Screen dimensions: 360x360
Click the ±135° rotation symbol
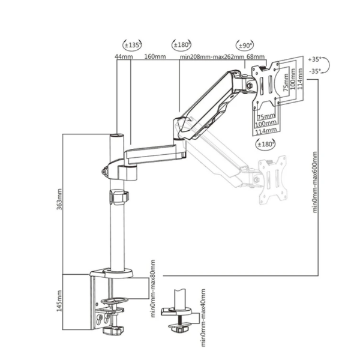tap(132, 45)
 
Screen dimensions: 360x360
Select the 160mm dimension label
tap(155, 56)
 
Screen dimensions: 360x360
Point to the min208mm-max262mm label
tap(212, 57)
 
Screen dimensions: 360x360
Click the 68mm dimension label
tap(256, 56)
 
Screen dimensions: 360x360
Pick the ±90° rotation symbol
tap(245, 45)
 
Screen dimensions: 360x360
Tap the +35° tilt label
tap(314, 59)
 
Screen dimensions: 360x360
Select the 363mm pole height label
tap(59, 199)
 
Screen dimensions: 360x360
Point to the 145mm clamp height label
tap(59, 301)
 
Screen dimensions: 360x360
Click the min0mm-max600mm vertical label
tap(314, 182)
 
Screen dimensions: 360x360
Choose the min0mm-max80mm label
tap(153, 289)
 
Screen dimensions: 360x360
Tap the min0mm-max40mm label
tap(203, 318)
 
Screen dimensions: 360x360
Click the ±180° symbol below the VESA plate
tap(265, 144)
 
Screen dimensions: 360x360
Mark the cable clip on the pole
tap(119, 197)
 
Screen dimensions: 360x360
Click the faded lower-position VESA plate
tap(273, 180)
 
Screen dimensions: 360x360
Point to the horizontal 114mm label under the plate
tap(266, 131)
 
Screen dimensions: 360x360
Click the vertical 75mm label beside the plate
tap(286, 82)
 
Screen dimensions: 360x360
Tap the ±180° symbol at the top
tap(181, 44)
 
